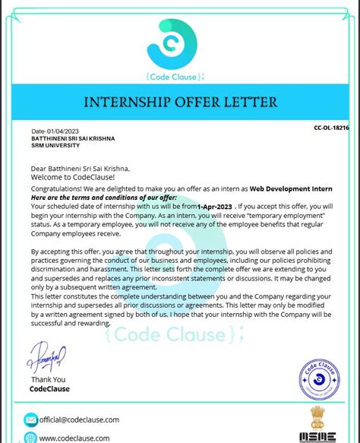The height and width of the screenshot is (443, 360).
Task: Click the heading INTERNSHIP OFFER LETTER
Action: (x=180, y=102)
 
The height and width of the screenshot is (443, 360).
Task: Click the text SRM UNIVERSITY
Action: (x=53, y=146)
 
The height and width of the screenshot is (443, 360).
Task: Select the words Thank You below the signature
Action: (x=49, y=379)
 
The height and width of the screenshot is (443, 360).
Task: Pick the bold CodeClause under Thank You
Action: (x=49, y=388)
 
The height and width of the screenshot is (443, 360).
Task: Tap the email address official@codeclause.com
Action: (x=80, y=419)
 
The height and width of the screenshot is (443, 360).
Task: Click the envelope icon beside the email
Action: (x=31, y=419)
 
